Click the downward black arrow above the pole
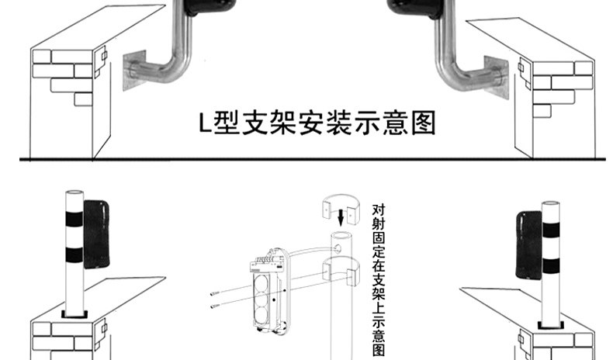tap(340, 213)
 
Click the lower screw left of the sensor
tap(219, 309)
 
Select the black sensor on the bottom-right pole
tap(528, 242)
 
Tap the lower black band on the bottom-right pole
tap(549, 263)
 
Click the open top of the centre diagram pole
tap(340, 231)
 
